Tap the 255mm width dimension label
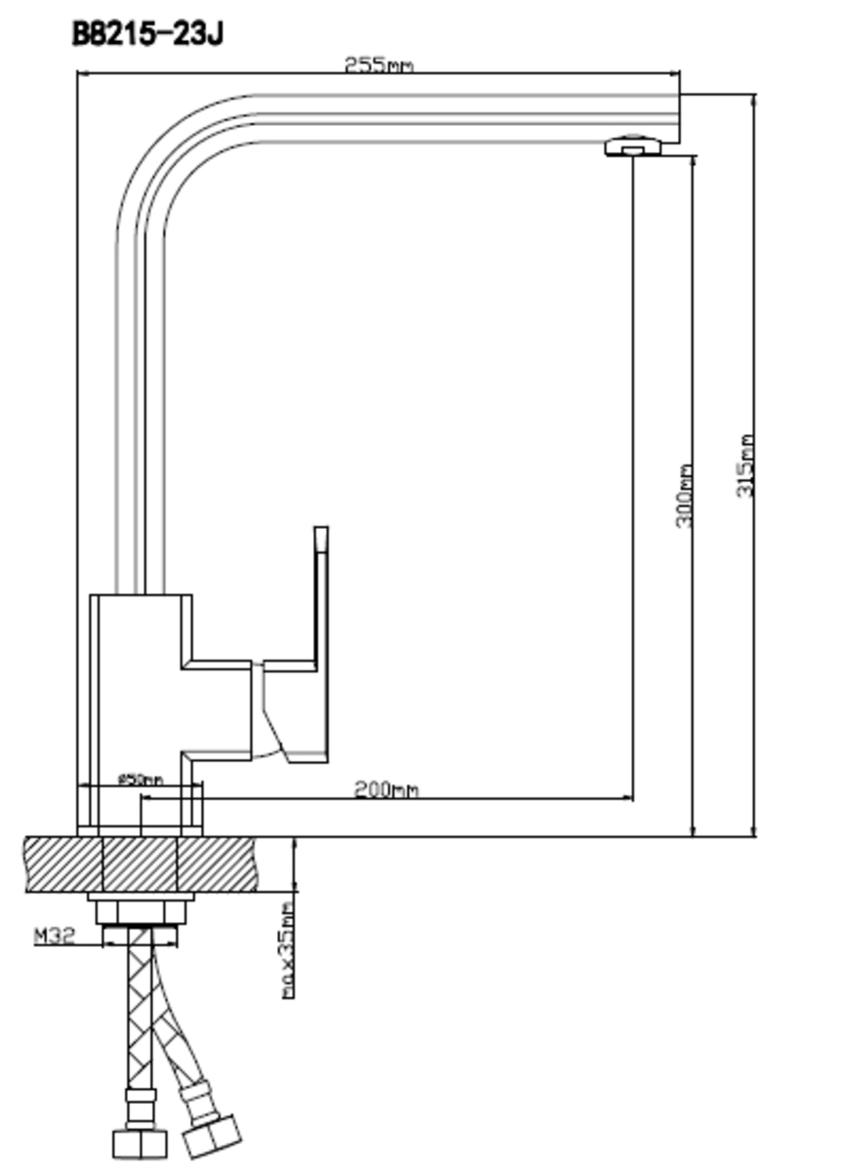(x=379, y=65)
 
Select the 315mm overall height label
(x=745, y=465)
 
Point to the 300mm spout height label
(x=684, y=496)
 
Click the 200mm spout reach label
(x=385, y=788)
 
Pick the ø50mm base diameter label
(x=140, y=780)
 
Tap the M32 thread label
(x=55, y=937)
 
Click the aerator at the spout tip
(x=632, y=145)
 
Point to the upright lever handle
(x=320, y=595)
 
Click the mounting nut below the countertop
(x=141, y=913)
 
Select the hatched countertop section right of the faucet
(x=234, y=864)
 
